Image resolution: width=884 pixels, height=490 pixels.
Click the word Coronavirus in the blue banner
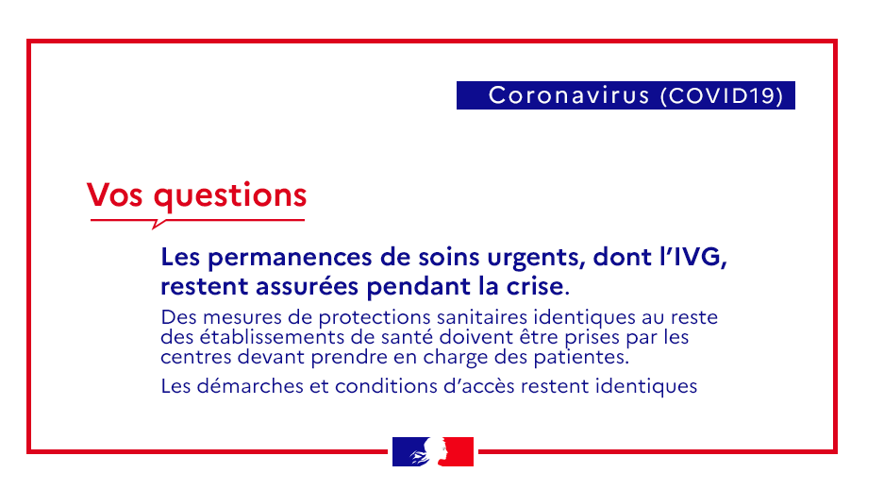pos(569,95)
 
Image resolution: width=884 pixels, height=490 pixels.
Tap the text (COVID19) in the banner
pos(722,95)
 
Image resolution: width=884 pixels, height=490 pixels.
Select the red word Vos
pos(115,195)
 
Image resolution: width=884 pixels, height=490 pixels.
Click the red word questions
pos(230,196)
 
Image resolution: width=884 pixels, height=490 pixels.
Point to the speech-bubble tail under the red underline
pos(158,225)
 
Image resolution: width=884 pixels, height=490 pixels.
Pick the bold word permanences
pos(291,258)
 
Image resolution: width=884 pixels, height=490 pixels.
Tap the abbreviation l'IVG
pos(692,257)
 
